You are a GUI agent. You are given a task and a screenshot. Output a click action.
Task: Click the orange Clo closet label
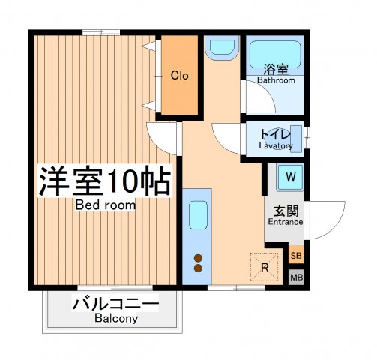pyautogui.click(x=178, y=76)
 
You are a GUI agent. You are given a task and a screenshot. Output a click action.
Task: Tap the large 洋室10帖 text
pyautogui.click(x=104, y=181)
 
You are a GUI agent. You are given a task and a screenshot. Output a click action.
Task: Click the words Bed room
pyautogui.click(x=105, y=205)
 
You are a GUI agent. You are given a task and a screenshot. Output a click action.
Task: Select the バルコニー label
pyautogui.click(x=115, y=304)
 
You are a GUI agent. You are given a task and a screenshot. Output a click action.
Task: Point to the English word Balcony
pyautogui.click(x=115, y=319)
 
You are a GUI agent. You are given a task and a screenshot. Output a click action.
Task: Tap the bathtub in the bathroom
pyautogui.click(x=275, y=55)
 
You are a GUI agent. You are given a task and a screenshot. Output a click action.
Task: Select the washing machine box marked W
pyautogui.click(x=291, y=178)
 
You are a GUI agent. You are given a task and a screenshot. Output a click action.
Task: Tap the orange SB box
pyautogui.click(x=296, y=256)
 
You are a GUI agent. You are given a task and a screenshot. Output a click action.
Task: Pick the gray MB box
pyautogui.click(x=296, y=277)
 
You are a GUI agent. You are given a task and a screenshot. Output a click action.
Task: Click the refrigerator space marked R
pyautogui.click(x=265, y=266)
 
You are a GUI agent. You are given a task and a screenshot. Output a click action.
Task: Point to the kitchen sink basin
pyautogui.click(x=199, y=216)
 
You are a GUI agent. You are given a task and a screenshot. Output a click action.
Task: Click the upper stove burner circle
pyautogui.click(x=199, y=257)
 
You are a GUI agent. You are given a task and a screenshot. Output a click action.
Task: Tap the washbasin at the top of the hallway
pyautogui.click(x=221, y=49)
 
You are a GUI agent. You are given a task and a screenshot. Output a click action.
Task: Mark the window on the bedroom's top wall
pyautogui.click(x=101, y=31)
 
